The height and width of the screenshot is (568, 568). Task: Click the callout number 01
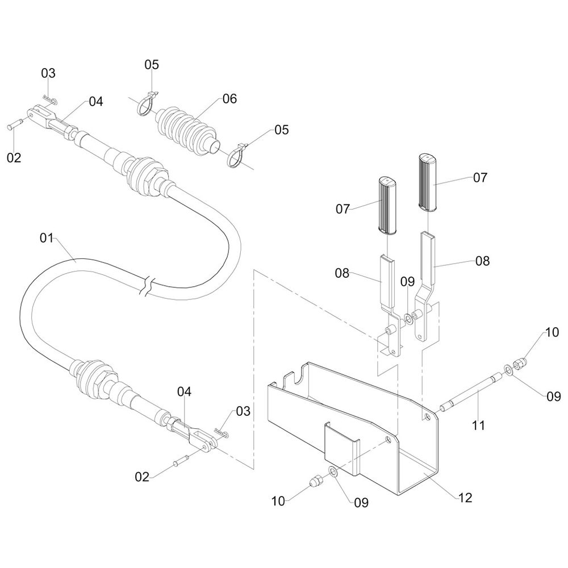tap(47, 237)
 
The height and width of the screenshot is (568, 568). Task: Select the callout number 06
tap(229, 99)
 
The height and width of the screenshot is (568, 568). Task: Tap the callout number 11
tap(479, 424)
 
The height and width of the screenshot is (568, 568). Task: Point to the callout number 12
tap(465, 498)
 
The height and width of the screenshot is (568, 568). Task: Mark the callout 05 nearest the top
tap(152, 64)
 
